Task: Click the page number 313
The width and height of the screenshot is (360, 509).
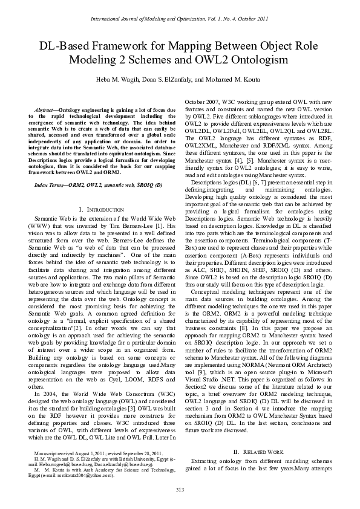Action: tap(180, 488)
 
